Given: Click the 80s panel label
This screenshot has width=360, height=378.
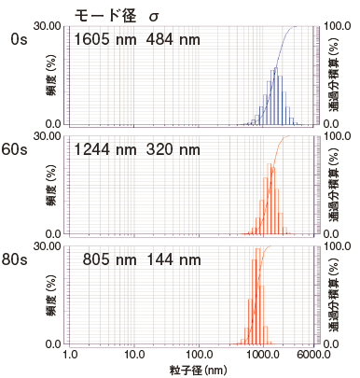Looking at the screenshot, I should (x=19, y=259).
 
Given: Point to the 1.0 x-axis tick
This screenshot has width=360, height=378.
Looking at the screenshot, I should (x=70, y=356).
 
